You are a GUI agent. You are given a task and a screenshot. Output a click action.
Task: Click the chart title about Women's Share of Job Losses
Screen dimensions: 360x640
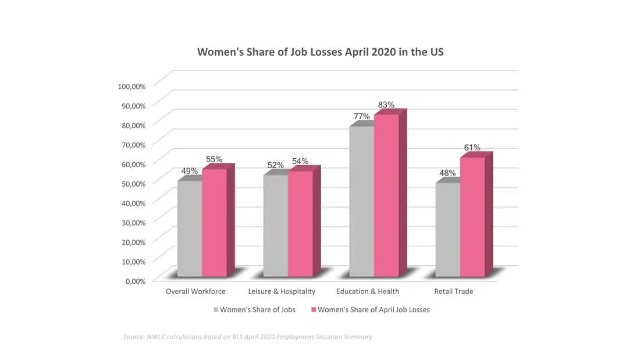320,52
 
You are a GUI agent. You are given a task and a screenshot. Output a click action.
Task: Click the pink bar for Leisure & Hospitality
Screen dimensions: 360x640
300,224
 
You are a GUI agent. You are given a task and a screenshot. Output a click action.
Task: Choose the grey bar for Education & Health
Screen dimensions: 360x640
361,201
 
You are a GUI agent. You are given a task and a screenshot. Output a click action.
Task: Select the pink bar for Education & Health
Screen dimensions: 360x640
386,195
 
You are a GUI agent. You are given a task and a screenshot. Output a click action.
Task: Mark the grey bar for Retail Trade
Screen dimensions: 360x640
447,230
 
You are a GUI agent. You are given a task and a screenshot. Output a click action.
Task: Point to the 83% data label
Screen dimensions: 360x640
386,105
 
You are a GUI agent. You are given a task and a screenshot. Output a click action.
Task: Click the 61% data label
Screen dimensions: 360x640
472,148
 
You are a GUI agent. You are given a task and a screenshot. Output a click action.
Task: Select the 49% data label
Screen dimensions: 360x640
190,172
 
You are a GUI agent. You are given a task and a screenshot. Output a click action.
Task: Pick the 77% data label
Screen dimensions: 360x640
361,116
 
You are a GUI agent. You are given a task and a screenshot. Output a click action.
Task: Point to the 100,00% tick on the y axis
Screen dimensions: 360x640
131,86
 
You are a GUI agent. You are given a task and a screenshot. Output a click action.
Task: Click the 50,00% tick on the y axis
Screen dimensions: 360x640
133,183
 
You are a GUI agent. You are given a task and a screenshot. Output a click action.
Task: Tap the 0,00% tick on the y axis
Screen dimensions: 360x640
135,281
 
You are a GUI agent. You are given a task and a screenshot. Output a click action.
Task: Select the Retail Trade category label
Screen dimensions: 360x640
454,291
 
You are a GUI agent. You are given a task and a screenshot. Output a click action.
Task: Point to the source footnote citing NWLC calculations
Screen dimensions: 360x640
247,337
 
